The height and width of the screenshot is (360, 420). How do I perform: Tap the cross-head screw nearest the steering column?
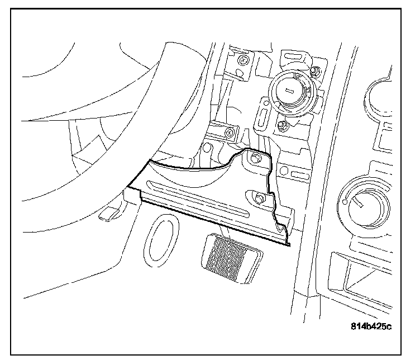(x=229, y=132)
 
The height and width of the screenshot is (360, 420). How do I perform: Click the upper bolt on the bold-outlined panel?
(x=256, y=158)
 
